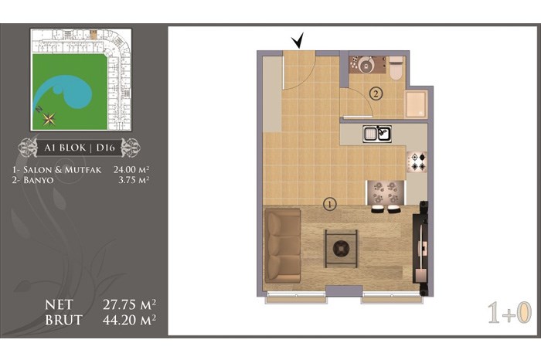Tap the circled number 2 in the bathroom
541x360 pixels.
pos(376,93)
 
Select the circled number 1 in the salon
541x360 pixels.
pos(330,204)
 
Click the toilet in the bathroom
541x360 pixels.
pos(396,68)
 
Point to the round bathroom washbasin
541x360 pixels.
pos(366,64)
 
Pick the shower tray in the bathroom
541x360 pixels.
pos(416,104)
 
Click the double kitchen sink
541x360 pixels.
pos(377,134)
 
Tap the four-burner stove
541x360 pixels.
pos(417,162)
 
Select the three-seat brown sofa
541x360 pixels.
pos(282,246)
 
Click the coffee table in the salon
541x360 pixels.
pos(341,248)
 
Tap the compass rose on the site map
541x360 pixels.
pos(49,119)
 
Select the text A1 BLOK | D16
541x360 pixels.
pos(80,148)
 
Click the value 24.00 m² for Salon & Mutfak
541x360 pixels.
pos(131,170)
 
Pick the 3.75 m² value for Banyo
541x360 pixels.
pos(134,180)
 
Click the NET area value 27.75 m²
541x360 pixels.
pos(129,305)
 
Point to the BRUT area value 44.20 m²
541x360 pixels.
pos(129,320)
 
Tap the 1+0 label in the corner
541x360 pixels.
pos(510,313)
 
